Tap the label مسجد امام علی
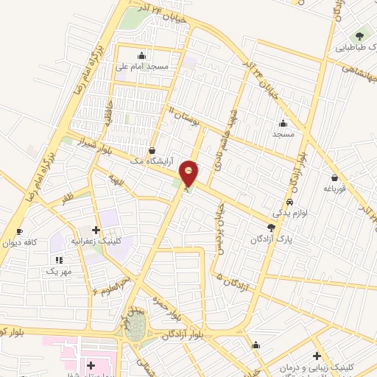click(x=143, y=66)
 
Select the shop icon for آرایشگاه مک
click(x=152, y=150)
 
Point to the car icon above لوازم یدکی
click(x=290, y=202)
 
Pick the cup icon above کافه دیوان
click(x=19, y=230)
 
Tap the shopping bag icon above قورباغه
click(x=335, y=177)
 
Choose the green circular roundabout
click(x=135, y=331)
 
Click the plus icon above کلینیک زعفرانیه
click(x=96, y=230)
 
